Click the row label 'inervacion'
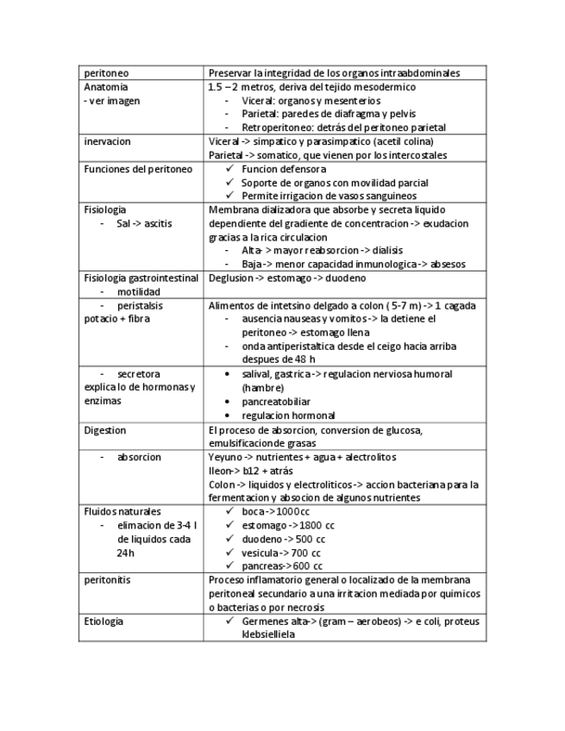[108, 141]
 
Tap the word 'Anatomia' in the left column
[106, 87]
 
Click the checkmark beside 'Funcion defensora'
[229, 169]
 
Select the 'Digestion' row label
[105, 429]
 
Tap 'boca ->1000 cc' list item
[276, 511]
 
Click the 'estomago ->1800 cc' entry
[283, 525]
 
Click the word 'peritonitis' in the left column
[107, 579]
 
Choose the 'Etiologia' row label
[104, 621]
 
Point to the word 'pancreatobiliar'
[276, 402]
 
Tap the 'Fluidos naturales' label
[122, 511]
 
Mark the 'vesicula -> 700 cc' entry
[281, 553]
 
